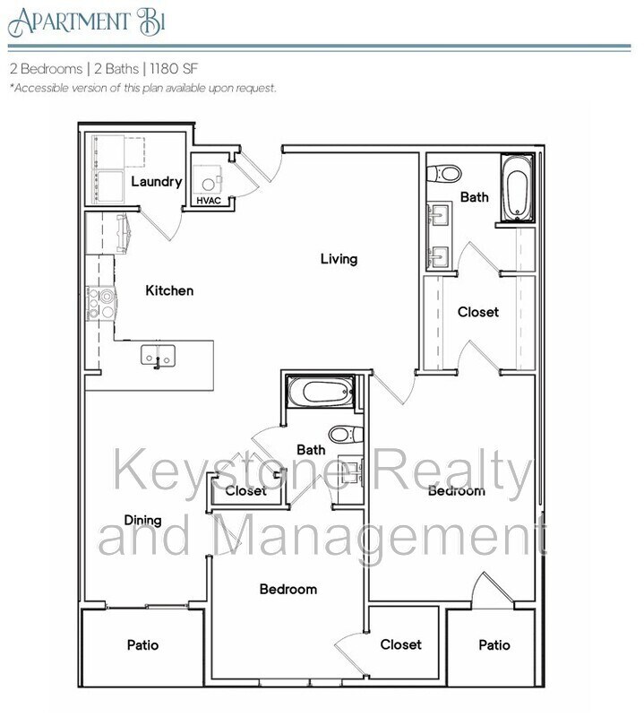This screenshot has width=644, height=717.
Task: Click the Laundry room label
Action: (157, 181)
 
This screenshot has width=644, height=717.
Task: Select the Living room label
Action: (339, 259)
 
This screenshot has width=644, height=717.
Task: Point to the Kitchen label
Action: (169, 290)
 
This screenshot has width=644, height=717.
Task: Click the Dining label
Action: (142, 520)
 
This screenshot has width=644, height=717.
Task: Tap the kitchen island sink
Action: (158, 356)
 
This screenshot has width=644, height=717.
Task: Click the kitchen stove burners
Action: (100, 302)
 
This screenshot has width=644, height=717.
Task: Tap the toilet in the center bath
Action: (344, 435)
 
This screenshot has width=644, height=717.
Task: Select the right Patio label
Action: (494, 645)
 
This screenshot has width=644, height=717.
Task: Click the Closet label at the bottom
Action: (400, 644)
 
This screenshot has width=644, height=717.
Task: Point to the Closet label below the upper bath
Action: (477, 312)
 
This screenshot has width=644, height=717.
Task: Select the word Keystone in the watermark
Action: (215, 474)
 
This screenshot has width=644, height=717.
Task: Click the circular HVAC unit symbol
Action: (209, 183)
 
